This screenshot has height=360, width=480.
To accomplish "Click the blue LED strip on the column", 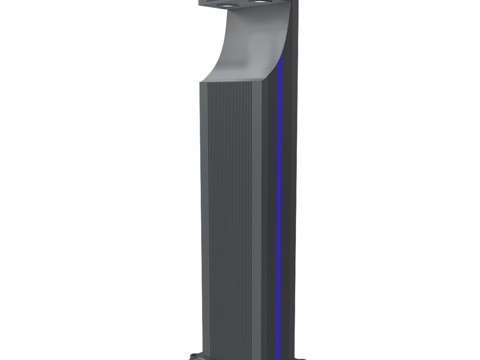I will (279, 200).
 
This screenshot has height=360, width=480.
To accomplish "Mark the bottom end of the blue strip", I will (277, 350).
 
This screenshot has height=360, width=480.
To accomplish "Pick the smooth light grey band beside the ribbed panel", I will (258, 220).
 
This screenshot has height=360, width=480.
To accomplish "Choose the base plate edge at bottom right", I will (300, 355).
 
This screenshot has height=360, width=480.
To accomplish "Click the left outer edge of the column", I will (201, 220).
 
